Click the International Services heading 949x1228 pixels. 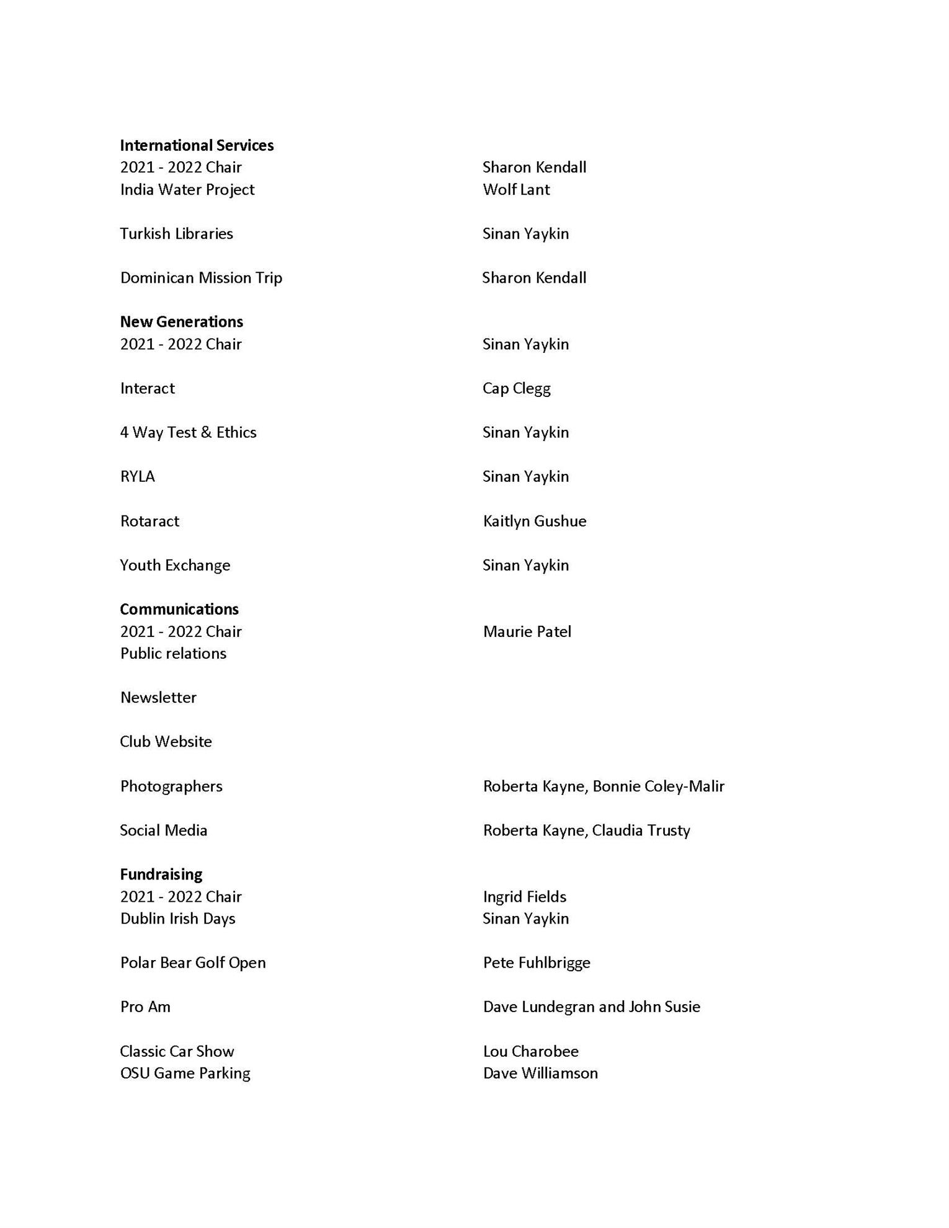[197, 145]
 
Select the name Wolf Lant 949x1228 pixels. [516, 189]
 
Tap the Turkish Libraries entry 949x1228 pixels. [176, 233]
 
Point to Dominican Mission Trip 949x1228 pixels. [201, 277]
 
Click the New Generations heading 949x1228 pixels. [181, 321]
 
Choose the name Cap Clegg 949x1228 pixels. [516, 388]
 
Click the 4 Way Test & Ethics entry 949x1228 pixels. [188, 432]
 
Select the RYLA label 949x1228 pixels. [137, 476]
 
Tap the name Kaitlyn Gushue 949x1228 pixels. [534, 521]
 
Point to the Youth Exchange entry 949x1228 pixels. [175, 565]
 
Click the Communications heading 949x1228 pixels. [179, 609]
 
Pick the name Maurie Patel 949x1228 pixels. [527, 631]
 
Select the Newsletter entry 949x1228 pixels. [158, 697]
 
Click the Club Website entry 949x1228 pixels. [166, 742]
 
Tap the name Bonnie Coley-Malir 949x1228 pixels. [658, 786]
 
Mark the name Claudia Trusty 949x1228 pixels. [641, 830]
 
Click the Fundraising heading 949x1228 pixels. [161, 874]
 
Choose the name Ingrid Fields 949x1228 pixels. [524, 897]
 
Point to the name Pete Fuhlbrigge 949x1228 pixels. [537, 963]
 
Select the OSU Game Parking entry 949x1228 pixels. [185, 1073]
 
